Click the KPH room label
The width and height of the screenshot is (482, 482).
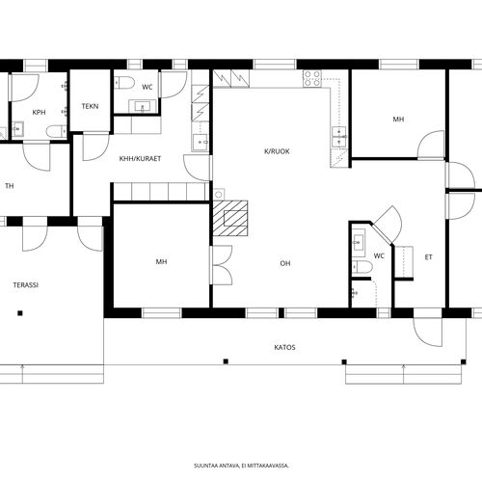click(x=39, y=113)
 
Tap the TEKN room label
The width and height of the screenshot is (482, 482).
click(x=90, y=106)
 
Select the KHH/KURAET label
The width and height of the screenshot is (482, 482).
click(x=140, y=159)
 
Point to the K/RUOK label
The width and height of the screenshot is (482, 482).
click(x=277, y=151)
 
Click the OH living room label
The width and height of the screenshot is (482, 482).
click(x=285, y=263)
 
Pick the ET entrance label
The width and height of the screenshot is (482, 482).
click(x=428, y=257)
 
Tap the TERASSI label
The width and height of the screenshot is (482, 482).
click(x=26, y=285)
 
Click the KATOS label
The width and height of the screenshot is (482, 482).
click(x=284, y=347)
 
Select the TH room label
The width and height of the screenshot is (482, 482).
click(x=10, y=186)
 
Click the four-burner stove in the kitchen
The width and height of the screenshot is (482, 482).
click(x=312, y=78)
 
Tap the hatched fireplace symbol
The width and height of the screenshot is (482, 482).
click(x=230, y=219)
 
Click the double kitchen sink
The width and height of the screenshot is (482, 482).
click(x=338, y=137)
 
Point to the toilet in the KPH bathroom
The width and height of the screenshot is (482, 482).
click(x=56, y=131)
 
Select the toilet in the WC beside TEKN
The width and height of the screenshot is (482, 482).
click(x=124, y=83)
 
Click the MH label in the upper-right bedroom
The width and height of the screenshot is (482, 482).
click(x=398, y=120)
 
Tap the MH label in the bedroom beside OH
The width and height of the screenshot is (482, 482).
click(x=161, y=262)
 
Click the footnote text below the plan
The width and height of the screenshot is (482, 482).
click(x=241, y=466)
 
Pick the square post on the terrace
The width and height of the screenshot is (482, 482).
click(x=20, y=313)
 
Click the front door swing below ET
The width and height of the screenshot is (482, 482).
click(x=428, y=332)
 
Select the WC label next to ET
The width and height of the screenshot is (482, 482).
click(x=379, y=256)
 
